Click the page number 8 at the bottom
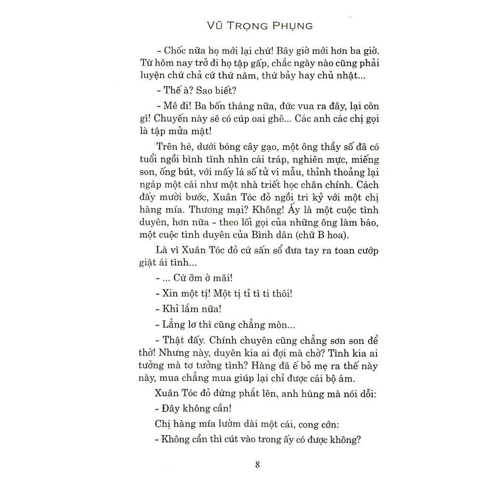coord(258,464)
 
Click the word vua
coord(288,106)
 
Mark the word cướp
coord(354,251)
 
